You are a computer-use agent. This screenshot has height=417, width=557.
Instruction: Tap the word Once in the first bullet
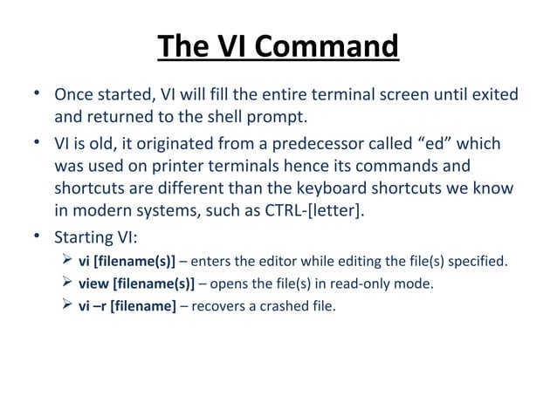tap(74, 94)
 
